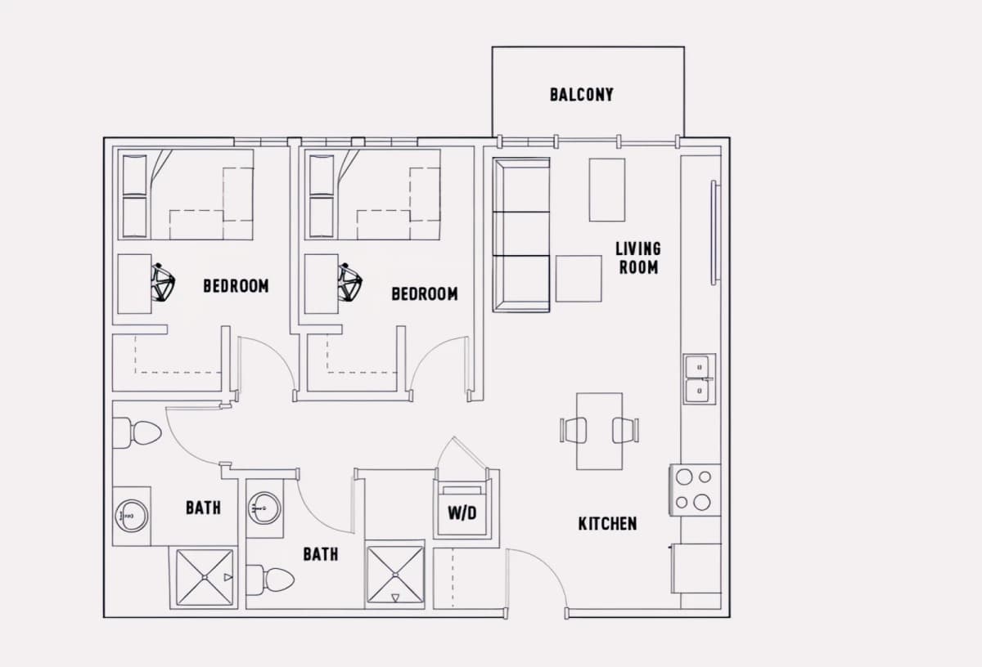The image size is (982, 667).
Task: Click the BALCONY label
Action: pos(582,95)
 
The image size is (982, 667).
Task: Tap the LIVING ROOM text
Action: pos(638,258)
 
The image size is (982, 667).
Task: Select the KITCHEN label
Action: pos(607,523)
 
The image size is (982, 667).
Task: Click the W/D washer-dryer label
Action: pos(462,513)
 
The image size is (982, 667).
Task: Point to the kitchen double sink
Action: pos(699,378)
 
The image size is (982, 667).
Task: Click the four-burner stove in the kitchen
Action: pos(695,490)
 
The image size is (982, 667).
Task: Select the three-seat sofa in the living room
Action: pos(521,235)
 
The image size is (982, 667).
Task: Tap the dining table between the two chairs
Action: pos(599,432)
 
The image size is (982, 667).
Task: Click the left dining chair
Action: pos(574,430)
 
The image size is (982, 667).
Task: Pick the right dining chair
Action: pos(625,430)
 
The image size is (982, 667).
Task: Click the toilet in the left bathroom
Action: pos(137,432)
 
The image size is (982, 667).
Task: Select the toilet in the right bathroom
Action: pos(269,580)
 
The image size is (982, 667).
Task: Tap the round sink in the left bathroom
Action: pos(132,517)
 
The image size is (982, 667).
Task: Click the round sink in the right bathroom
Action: pos(264,508)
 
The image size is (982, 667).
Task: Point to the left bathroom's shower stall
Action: pos(205,578)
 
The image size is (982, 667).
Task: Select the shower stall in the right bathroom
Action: pos(395,574)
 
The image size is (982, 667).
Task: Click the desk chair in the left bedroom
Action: pos(163,283)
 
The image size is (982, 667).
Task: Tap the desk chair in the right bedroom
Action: pos(350,283)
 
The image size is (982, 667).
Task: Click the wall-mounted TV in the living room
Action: pos(715,233)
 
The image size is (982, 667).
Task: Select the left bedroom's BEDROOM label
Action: pos(236,286)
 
